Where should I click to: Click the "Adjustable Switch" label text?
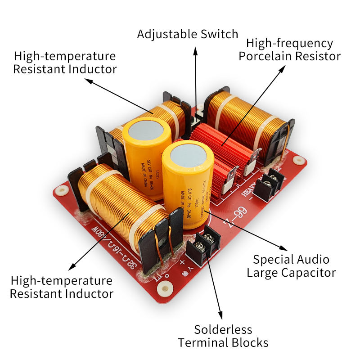tap(187, 34)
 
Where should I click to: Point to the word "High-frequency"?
tap(290, 44)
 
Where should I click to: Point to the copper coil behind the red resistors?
tap(245, 119)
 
